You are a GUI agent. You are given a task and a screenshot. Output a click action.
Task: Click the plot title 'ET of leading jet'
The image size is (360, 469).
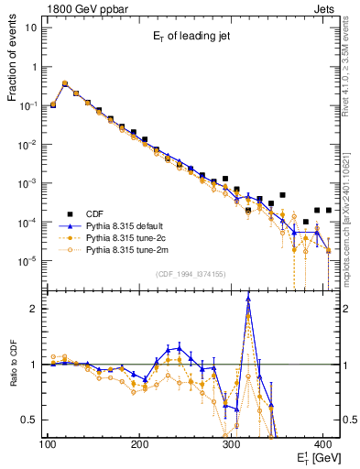point(192,36)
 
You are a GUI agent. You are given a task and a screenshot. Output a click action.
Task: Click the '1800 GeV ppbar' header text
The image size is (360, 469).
point(83,7)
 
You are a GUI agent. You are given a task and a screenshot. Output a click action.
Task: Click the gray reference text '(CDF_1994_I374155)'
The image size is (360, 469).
point(191,274)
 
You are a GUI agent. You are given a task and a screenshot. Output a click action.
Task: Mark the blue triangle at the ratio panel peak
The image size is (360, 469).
point(248,309)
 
